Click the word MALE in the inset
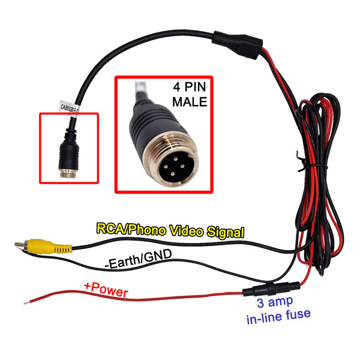pyautogui.click(x=190, y=102)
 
